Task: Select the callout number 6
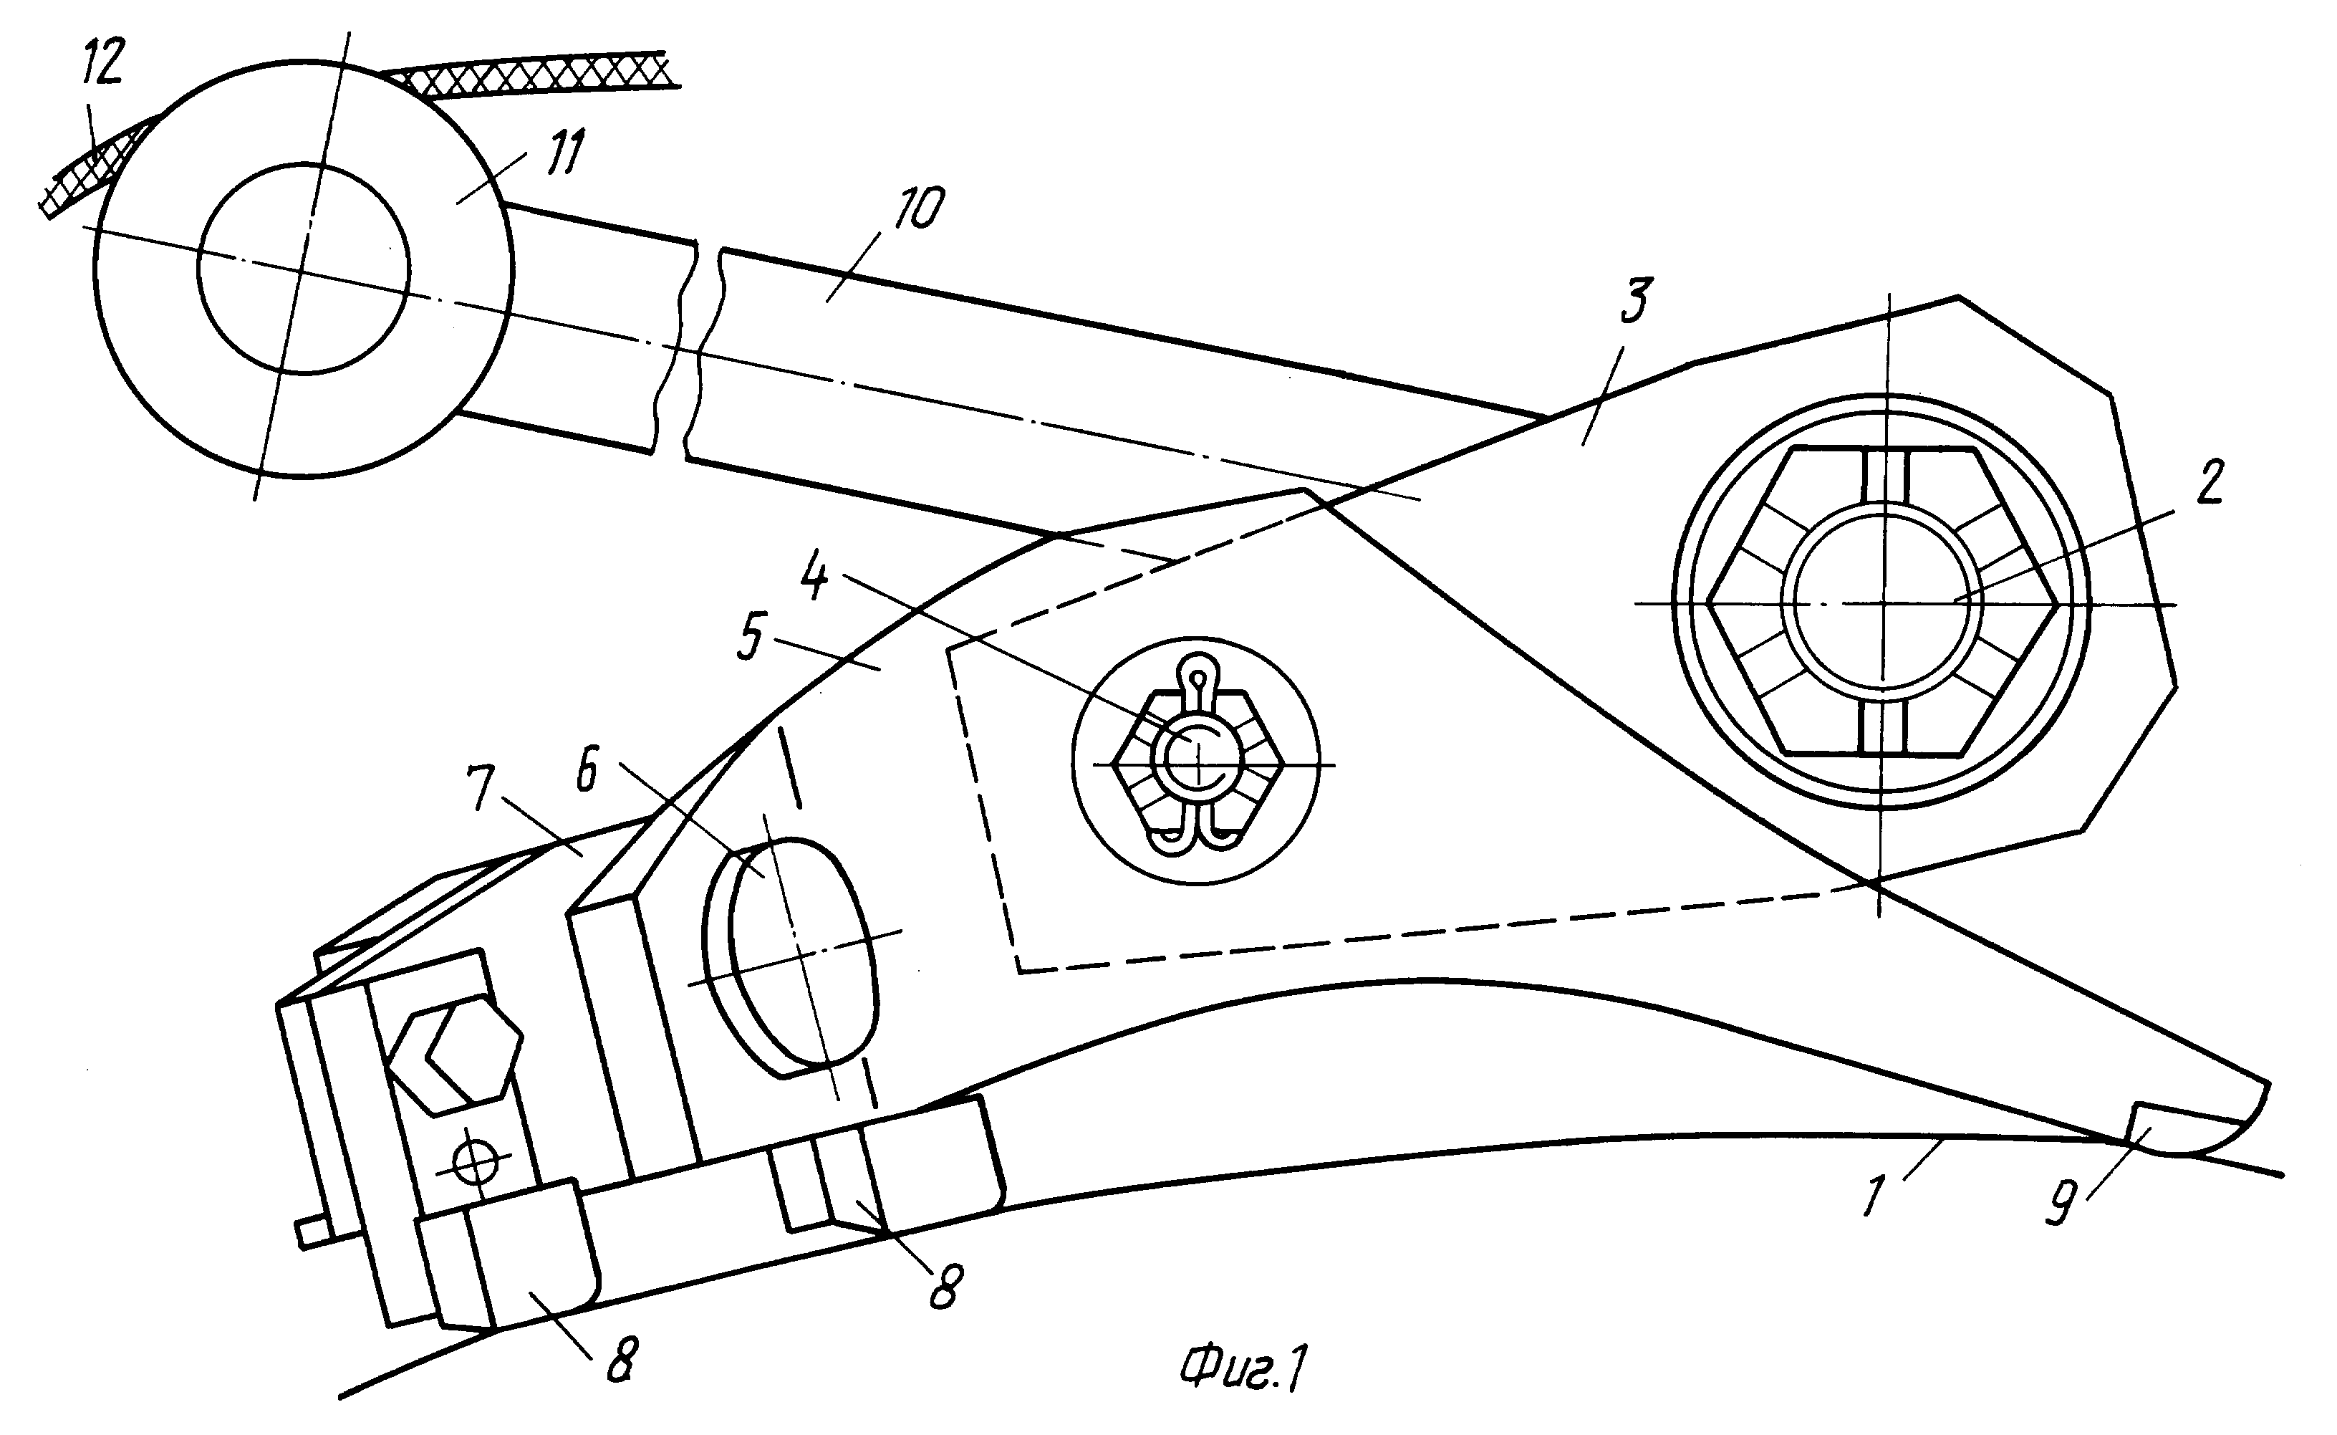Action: coord(587,771)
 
